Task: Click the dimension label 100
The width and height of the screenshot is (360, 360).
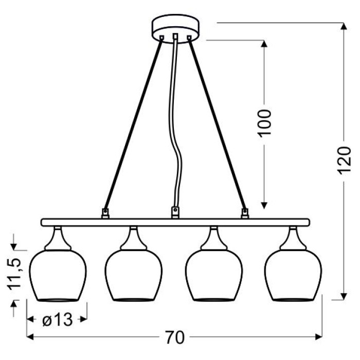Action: click(x=264, y=123)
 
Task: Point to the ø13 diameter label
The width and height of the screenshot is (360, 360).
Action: click(x=58, y=320)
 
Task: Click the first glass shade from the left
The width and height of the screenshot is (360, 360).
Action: click(x=58, y=275)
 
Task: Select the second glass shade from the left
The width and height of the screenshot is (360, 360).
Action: click(x=133, y=275)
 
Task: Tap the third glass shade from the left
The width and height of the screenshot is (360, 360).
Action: click(x=214, y=275)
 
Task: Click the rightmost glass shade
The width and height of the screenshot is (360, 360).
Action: click(x=293, y=275)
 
